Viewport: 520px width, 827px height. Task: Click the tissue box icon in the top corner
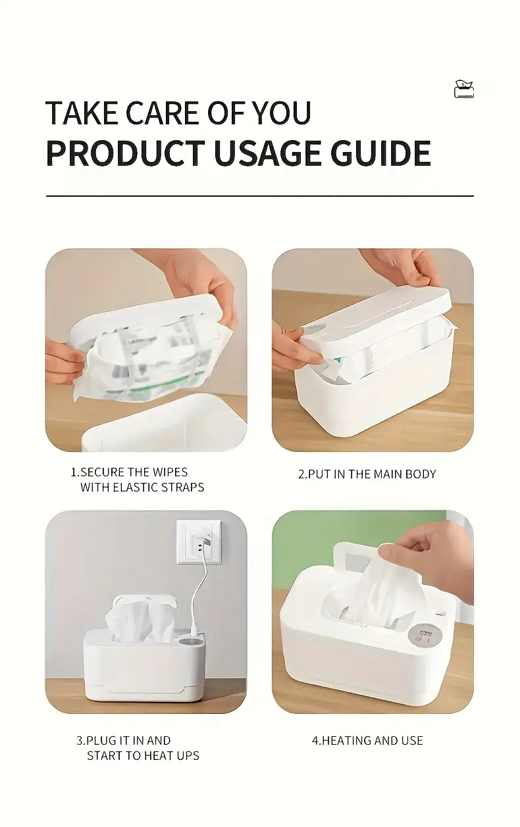coord(464,89)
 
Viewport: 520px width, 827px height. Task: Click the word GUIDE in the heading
coord(380,153)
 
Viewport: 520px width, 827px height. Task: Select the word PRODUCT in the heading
coord(126,153)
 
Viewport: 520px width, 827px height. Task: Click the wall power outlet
coord(199,542)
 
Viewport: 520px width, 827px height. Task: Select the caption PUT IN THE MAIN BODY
coord(367,474)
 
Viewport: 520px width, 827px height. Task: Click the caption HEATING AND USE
coord(367,741)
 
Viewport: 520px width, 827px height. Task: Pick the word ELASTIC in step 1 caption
coord(134,488)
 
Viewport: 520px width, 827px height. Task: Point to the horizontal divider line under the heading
coord(260,195)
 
